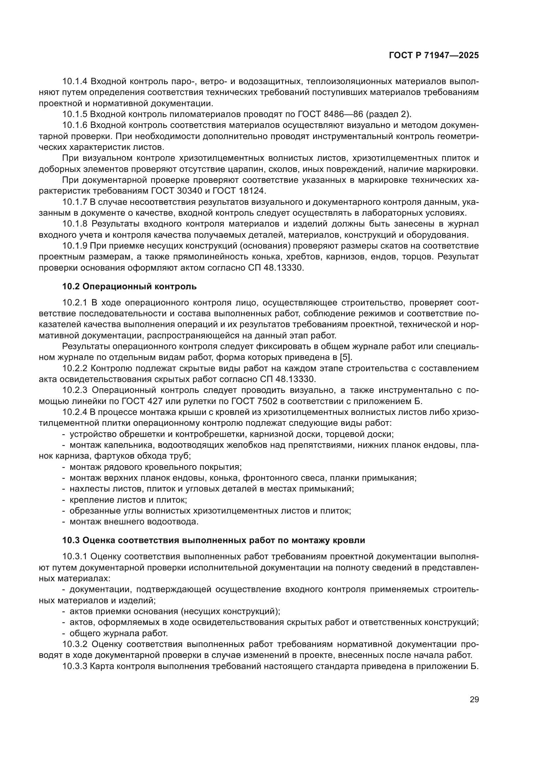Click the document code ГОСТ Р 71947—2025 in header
tap(434, 56)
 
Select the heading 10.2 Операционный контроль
tap(129, 286)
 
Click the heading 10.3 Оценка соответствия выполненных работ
tap(213, 540)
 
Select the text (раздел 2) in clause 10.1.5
tap(388, 114)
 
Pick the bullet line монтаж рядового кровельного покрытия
tap(156, 467)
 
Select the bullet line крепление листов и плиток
tap(128, 500)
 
